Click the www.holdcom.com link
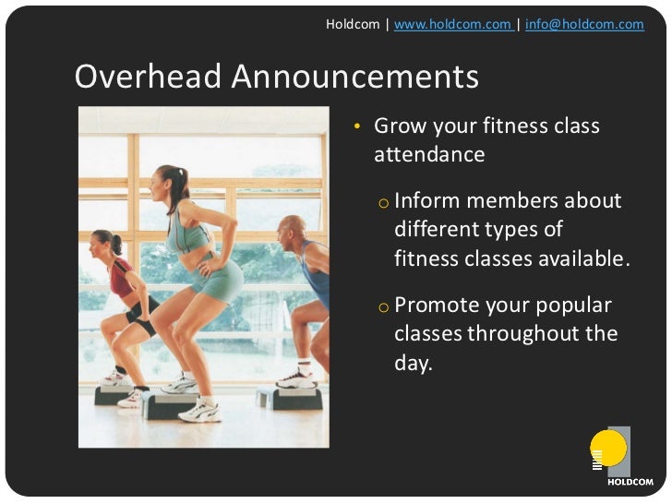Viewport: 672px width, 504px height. click(452, 25)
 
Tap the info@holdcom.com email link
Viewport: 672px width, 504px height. click(584, 25)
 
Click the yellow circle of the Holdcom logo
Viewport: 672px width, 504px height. click(608, 448)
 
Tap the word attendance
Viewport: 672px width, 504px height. click(428, 154)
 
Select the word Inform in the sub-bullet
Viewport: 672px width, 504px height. click(427, 201)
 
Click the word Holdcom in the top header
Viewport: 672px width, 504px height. click(353, 25)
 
